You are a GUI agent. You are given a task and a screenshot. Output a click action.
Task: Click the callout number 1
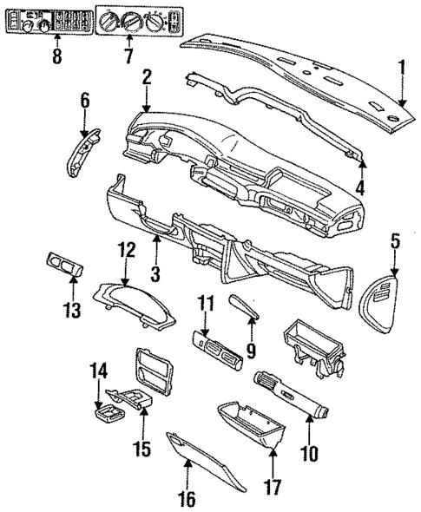tap(401, 67)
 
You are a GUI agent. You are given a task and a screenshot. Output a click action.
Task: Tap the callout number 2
tap(148, 78)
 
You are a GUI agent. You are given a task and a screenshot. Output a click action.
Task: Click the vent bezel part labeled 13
tap(62, 264)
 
